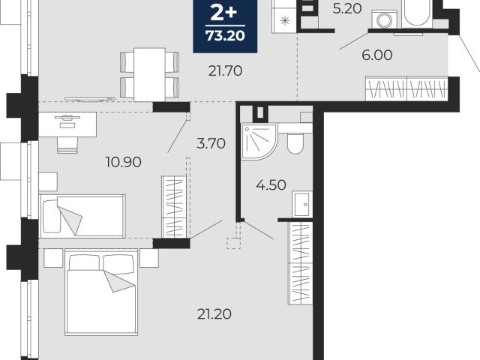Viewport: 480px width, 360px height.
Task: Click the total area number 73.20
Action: pyautogui.click(x=225, y=36)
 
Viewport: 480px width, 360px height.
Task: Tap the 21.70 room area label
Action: pyautogui.click(x=225, y=71)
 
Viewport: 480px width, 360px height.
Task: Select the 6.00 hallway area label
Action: pyautogui.click(x=376, y=55)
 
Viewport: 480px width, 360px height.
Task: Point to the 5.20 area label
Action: pyautogui.click(x=347, y=9)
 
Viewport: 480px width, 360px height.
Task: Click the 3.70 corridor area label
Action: pyautogui.click(x=211, y=143)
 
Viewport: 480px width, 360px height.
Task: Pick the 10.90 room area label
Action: pyautogui.click(x=123, y=162)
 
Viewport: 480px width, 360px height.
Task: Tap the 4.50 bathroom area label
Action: pyautogui.click(x=271, y=185)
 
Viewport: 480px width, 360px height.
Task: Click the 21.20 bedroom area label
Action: pyautogui.click(x=214, y=314)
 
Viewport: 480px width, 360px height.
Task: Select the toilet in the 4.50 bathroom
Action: pyautogui.click(x=295, y=143)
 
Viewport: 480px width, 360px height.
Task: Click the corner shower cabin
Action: pyautogui.click(x=259, y=142)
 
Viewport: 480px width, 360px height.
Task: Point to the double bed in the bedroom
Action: pyautogui.click(x=101, y=292)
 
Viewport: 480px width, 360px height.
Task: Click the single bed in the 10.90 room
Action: pyautogui.click(x=82, y=216)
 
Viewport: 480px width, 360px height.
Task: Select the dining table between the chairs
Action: pyautogui.click(x=150, y=75)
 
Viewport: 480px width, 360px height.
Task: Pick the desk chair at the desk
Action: pyautogui.click(x=67, y=145)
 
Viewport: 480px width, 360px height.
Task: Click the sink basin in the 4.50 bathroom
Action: pyautogui.click(x=302, y=204)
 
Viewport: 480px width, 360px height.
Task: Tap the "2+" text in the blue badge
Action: pyautogui.click(x=224, y=13)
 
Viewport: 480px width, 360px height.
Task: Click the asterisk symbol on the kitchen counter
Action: pyautogui.click(x=285, y=21)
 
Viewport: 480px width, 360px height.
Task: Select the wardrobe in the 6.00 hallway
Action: pyautogui.click(x=406, y=88)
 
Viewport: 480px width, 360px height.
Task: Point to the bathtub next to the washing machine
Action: pyautogui.click(x=417, y=13)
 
